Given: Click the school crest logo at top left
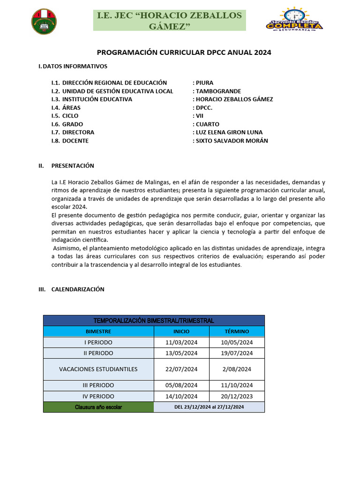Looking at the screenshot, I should (45, 21).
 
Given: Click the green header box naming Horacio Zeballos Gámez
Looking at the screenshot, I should (169, 21).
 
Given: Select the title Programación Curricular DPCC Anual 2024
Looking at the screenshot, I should (184, 52).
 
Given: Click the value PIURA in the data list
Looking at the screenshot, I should (204, 83).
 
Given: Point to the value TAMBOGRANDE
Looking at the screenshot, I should (218, 91).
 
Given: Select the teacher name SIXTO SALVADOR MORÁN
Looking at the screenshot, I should (232, 141).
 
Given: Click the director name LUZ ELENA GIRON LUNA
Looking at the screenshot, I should (229, 132).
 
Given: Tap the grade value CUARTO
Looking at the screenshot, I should (207, 124).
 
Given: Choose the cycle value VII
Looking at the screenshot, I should (200, 116).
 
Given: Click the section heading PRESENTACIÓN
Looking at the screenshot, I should (73, 166).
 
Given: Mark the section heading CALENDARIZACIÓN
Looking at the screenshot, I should (78, 290).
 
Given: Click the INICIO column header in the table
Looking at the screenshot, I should (181, 331).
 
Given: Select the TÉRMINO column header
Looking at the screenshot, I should (237, 331).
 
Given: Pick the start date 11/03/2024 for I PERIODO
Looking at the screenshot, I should (181, 343).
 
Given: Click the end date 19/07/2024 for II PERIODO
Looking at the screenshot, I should (237, 353).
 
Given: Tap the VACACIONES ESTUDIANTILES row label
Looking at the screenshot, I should (98, 369).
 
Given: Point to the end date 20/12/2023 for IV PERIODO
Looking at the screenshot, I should (237, 396).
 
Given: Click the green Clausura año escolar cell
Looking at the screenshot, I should (98, 407).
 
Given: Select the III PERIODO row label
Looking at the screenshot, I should (98, 385).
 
